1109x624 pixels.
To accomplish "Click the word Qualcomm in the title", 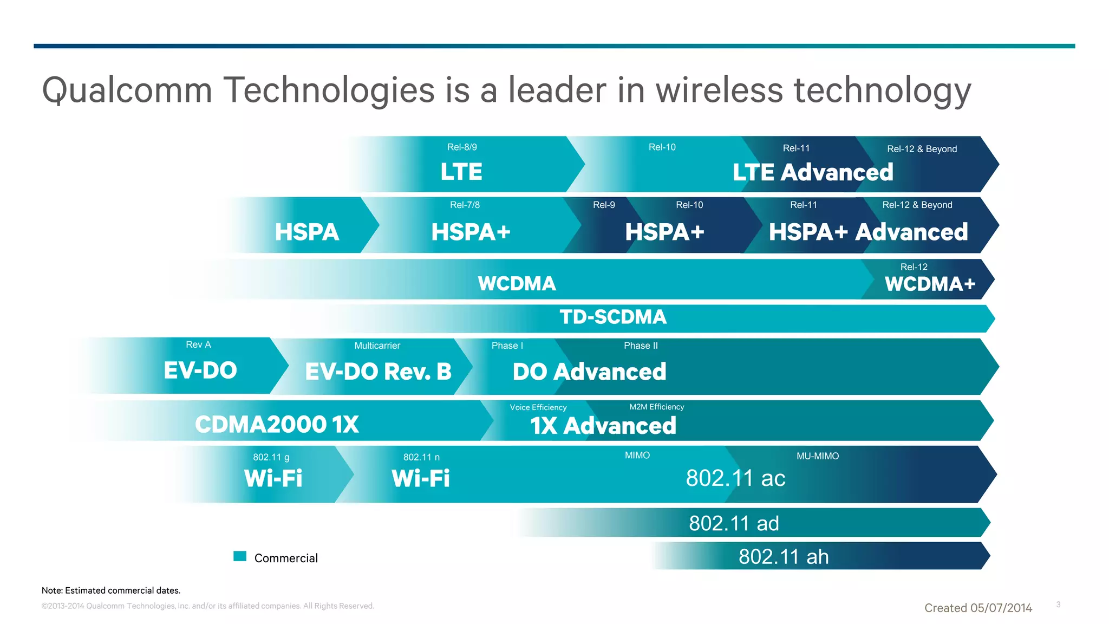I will pos(127,90).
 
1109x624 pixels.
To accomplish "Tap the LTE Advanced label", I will pos(812,172).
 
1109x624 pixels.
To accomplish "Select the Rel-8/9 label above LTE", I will pos(462,147).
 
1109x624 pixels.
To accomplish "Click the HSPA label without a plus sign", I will pos(306,232).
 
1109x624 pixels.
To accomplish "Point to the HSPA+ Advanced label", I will pos(868,232).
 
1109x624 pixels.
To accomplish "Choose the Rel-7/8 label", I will pos(465,205).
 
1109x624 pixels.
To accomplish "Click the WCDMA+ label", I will pos(930,284).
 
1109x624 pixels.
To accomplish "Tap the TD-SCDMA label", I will pos(612,317).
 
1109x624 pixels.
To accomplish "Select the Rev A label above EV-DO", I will pos(198,345).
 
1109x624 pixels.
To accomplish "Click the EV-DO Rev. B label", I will pos(378,372).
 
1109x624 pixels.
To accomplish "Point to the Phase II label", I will pos(641,346).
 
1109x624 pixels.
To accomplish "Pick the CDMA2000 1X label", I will pos(277,425).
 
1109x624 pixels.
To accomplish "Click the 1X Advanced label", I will pos(603,426).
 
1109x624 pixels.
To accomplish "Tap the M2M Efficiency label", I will pos(656,407).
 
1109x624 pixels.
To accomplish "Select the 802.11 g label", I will pos(271,457).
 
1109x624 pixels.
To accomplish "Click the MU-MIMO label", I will pos(817,456).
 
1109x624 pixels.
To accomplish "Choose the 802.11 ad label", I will pos(734,523).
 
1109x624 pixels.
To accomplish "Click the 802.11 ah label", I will pos(783,557).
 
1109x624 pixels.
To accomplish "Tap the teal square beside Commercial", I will pos(240,556).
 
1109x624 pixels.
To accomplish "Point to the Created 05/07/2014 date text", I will pos(978,608).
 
